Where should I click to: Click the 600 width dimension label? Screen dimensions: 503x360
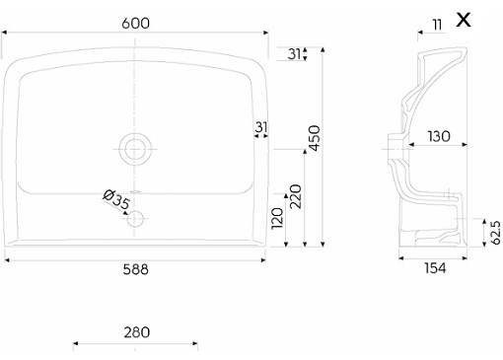click(135, 24)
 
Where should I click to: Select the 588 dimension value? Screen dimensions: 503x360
click(135, 269)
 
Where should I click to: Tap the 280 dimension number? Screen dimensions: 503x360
click(137, 332)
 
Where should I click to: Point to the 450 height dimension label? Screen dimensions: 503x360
click(315, 138)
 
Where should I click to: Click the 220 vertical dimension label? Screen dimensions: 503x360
click(296, 196)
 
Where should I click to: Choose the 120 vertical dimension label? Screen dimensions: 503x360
click(277, 218)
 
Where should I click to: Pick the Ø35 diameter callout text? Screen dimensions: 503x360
click(116, 199)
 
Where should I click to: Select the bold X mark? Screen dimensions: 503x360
click(464, 20)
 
